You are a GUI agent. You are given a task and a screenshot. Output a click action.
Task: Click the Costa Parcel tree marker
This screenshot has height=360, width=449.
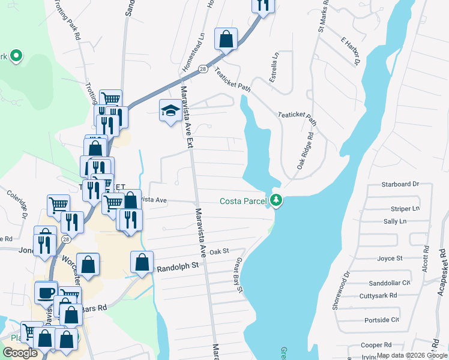pos(276,200)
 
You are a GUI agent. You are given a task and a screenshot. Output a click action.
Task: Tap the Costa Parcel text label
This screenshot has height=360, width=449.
pos(243,201)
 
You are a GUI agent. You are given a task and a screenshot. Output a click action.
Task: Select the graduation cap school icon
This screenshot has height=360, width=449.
pos(170,111)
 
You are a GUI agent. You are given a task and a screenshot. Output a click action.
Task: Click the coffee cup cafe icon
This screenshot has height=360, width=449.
pos(46,293)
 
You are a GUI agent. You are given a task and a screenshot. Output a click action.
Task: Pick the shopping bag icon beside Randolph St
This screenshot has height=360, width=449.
pos(142,263)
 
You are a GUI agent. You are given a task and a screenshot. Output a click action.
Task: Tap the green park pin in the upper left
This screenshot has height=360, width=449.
pos(16,57)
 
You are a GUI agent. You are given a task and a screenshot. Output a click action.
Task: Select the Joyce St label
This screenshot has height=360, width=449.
pos(390,259)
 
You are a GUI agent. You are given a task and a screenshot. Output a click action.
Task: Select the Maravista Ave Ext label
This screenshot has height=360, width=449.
pos(187,118)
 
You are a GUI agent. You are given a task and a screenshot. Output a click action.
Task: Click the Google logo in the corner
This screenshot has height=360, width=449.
pos(20,353)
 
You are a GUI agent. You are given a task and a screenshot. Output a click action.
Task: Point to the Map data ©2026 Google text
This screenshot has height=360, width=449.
pos(411,355)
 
